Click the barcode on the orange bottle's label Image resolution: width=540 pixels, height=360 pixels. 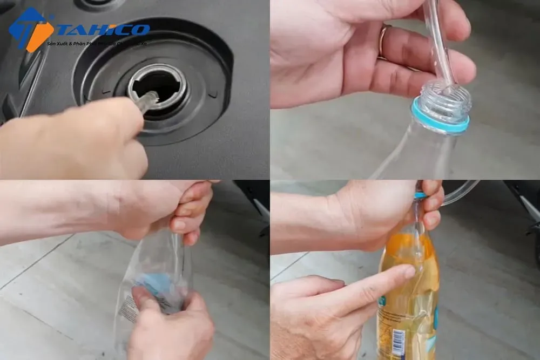tap(399, 343)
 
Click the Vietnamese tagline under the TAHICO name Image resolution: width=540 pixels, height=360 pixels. tap(97, 43)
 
